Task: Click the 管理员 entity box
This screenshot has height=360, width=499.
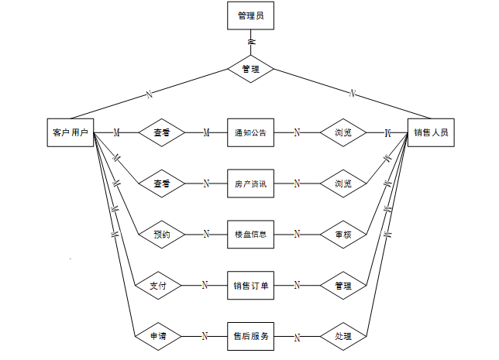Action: [250, 15]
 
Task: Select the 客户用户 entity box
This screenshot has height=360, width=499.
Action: [70, 132]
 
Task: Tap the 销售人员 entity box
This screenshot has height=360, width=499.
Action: [430, 132]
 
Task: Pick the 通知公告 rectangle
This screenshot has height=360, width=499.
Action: [250, 132]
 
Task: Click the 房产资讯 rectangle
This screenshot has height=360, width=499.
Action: [250, 183]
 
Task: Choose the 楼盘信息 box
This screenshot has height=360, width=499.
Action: [250, 234]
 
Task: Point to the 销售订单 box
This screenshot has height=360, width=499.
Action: [250, 285]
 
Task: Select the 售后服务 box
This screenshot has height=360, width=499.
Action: [250, 336]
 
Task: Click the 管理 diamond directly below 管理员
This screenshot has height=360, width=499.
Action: [250, 69]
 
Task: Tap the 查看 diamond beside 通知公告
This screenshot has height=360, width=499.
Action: [161, 132]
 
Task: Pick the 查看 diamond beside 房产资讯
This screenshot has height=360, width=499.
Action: [161, 183]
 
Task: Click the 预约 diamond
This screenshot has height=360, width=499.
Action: [161, 234]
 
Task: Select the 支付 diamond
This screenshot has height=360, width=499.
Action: [161, 285]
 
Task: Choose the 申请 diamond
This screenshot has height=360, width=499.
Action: [161, 336]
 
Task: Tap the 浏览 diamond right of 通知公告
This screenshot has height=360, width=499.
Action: [342, 132]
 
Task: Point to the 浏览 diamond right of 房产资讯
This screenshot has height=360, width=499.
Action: [342, 183]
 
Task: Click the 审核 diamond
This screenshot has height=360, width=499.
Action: [342, 234]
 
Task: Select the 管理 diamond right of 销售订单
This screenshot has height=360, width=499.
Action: [342, 285]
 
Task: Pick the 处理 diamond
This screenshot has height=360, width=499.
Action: [342, 336]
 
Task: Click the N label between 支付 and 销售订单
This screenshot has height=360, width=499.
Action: [205, 285]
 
